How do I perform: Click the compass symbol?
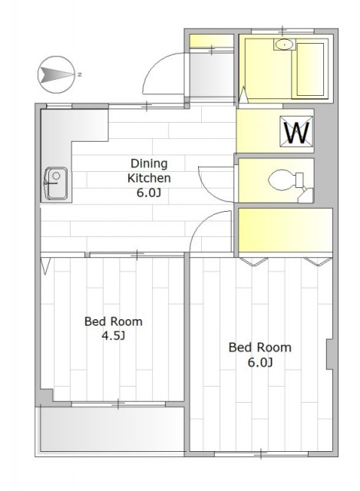(x=56, y=74)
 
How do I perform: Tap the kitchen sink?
(x=56, y=183)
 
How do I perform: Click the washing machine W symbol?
(x=296, y=131)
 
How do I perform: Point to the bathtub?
(x=310, y=69)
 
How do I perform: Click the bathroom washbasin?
(x=284, y=44)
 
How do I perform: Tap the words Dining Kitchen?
(x=149, y=170)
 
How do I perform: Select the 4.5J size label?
(x=114, y=336)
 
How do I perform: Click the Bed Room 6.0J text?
(x=260, y=354)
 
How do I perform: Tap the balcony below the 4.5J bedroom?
(x=111, y=429)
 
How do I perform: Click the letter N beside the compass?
(x=80, y=74)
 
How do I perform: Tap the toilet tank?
(x=299, y=180)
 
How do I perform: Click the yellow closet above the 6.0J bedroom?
(x=285, y=230)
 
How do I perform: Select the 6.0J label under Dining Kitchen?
(x=148, y=193)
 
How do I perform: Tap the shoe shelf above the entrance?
(x=212, y=41)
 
